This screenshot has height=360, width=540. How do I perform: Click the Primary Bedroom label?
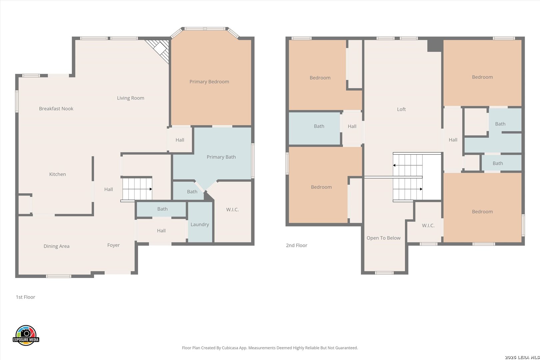[x=209, y=82]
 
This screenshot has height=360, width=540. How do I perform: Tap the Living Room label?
[x=130, y=98]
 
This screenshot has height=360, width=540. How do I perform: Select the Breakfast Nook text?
[x=56, y=109]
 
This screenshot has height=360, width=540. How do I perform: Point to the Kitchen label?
[x=57, y=174]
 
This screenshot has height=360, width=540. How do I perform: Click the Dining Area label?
[x=56, y=246]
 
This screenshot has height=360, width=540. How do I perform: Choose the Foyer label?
[x=113, y=245]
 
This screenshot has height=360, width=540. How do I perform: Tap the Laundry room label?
[x=200, y=224]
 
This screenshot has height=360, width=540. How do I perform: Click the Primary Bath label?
[x=221, y=157]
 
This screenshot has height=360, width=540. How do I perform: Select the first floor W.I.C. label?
[x=232, y=210]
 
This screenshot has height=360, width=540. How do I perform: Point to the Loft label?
[x=401, y=109]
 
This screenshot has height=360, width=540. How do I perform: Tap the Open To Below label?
[x=383, y=238]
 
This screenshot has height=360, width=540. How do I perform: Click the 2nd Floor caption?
[x=297, y=245]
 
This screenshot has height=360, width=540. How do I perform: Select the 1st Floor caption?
[x=25, y=297]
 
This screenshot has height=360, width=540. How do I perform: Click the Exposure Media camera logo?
[x=26, y=335]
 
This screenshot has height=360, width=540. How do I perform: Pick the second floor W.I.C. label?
[x=428, y=225]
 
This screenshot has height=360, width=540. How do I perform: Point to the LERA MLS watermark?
[x=522, y=357]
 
